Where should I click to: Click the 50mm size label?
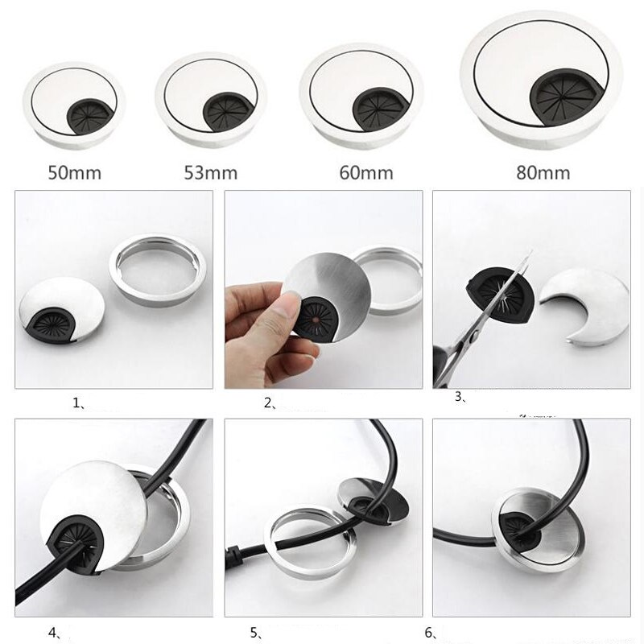click(74, 172)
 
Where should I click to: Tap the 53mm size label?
click(211, 172)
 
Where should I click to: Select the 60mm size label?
click(366, 172)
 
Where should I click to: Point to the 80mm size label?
click(543, 172)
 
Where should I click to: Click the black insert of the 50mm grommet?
click(87, 116)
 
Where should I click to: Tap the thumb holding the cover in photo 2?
click(287, 306)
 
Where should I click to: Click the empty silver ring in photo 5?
click(309, 541)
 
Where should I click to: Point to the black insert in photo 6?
click(519, 529)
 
